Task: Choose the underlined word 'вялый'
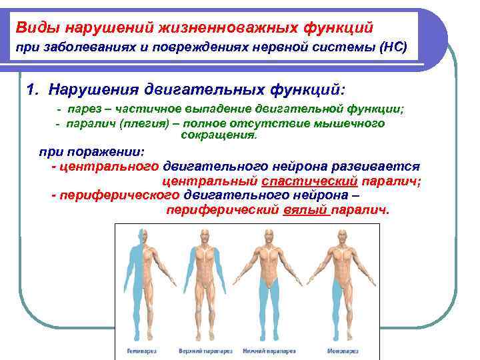(x=304, y=209)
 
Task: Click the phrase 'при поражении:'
(x=87, y=151)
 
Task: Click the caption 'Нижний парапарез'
(x=270, y=349)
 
